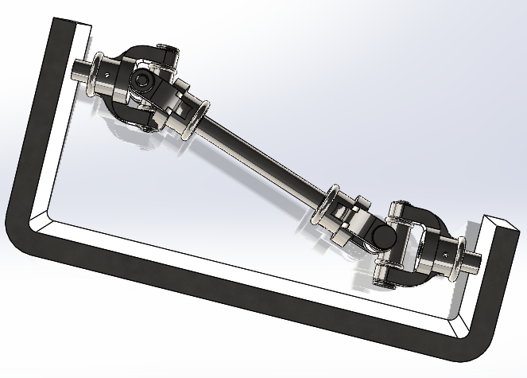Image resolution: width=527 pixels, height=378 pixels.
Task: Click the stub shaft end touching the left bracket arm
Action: (x=79, y=71)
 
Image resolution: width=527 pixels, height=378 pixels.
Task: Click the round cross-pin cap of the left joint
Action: (x=141, y=80)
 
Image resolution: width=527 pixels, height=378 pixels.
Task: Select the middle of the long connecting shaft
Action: (x=263, y=158)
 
